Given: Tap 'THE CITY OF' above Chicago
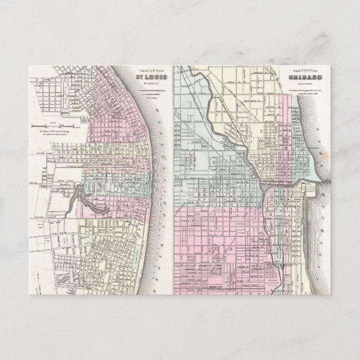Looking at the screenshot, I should pyautogui.click(x=301, y=71).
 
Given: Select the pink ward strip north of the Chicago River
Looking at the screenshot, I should pyautogui.click(x=285, y=140).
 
